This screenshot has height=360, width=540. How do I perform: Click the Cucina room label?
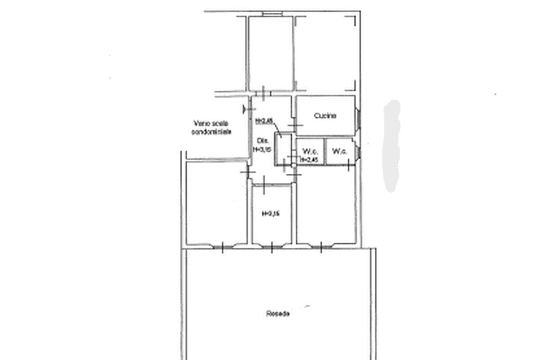[x=325, y=116]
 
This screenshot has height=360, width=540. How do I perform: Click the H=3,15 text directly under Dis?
[x=262, y=150]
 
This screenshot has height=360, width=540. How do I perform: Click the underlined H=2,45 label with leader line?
[x=264, y=121]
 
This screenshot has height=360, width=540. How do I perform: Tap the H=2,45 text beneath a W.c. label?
[x=309, y=159]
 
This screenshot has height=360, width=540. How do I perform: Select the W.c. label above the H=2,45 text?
[x=309, y=151]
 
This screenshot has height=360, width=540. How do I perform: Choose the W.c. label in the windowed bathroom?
[x=339, y=152]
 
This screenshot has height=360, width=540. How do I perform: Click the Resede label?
[x=278, y=314]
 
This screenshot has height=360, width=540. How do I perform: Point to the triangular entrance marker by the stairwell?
[x=245, y=108]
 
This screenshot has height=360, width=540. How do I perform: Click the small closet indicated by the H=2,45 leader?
[x=283, y=150]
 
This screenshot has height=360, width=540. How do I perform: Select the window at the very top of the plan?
[x=272, y=14]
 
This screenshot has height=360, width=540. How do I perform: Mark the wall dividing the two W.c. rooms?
[x=324, y=152]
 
